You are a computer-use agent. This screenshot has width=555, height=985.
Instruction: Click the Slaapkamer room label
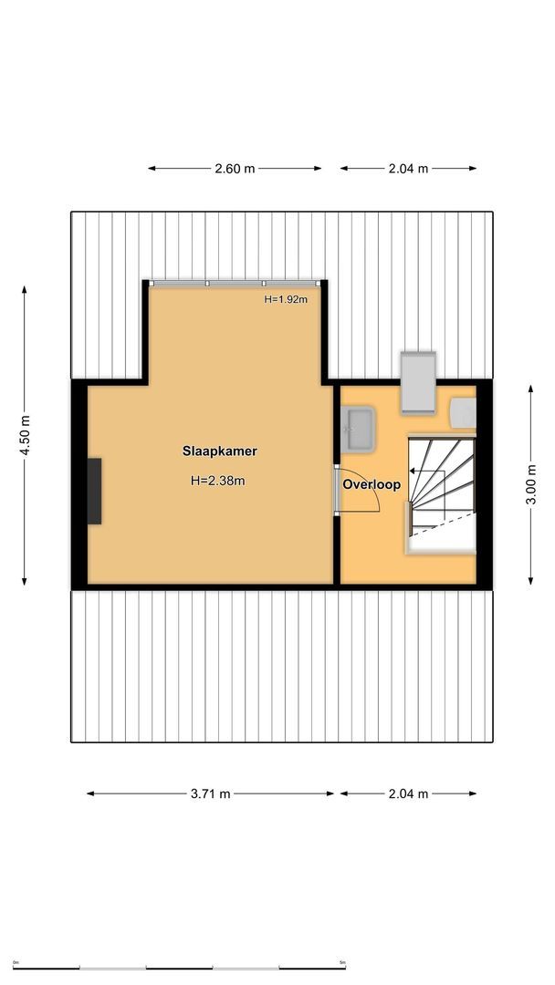pos(219,451)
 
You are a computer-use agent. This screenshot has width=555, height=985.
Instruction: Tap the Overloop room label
pos(372,485)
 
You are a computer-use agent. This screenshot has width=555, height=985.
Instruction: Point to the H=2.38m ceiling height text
pos(218,481)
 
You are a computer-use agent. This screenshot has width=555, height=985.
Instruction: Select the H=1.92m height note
pos(286,299)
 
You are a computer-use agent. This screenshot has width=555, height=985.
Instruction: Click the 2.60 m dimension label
pos(235,169)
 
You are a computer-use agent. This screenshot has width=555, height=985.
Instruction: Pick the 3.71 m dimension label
pos(210,793)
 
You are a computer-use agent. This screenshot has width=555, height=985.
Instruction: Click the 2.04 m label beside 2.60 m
pos(409,169)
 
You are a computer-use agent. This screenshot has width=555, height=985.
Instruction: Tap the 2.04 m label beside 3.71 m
pos(409,793)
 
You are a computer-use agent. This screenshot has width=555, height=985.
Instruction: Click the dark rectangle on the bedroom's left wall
pos(94,491)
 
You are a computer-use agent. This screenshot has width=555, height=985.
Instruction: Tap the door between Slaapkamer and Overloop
pos(338,492)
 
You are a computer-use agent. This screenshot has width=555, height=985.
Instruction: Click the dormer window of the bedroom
pos(235,284)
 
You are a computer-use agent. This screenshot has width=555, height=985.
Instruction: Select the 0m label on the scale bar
pos(16,962)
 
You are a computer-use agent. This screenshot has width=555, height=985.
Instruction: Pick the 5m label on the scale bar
pos(342,962)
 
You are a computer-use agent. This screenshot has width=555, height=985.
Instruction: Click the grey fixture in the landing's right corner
pos(463,412)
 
